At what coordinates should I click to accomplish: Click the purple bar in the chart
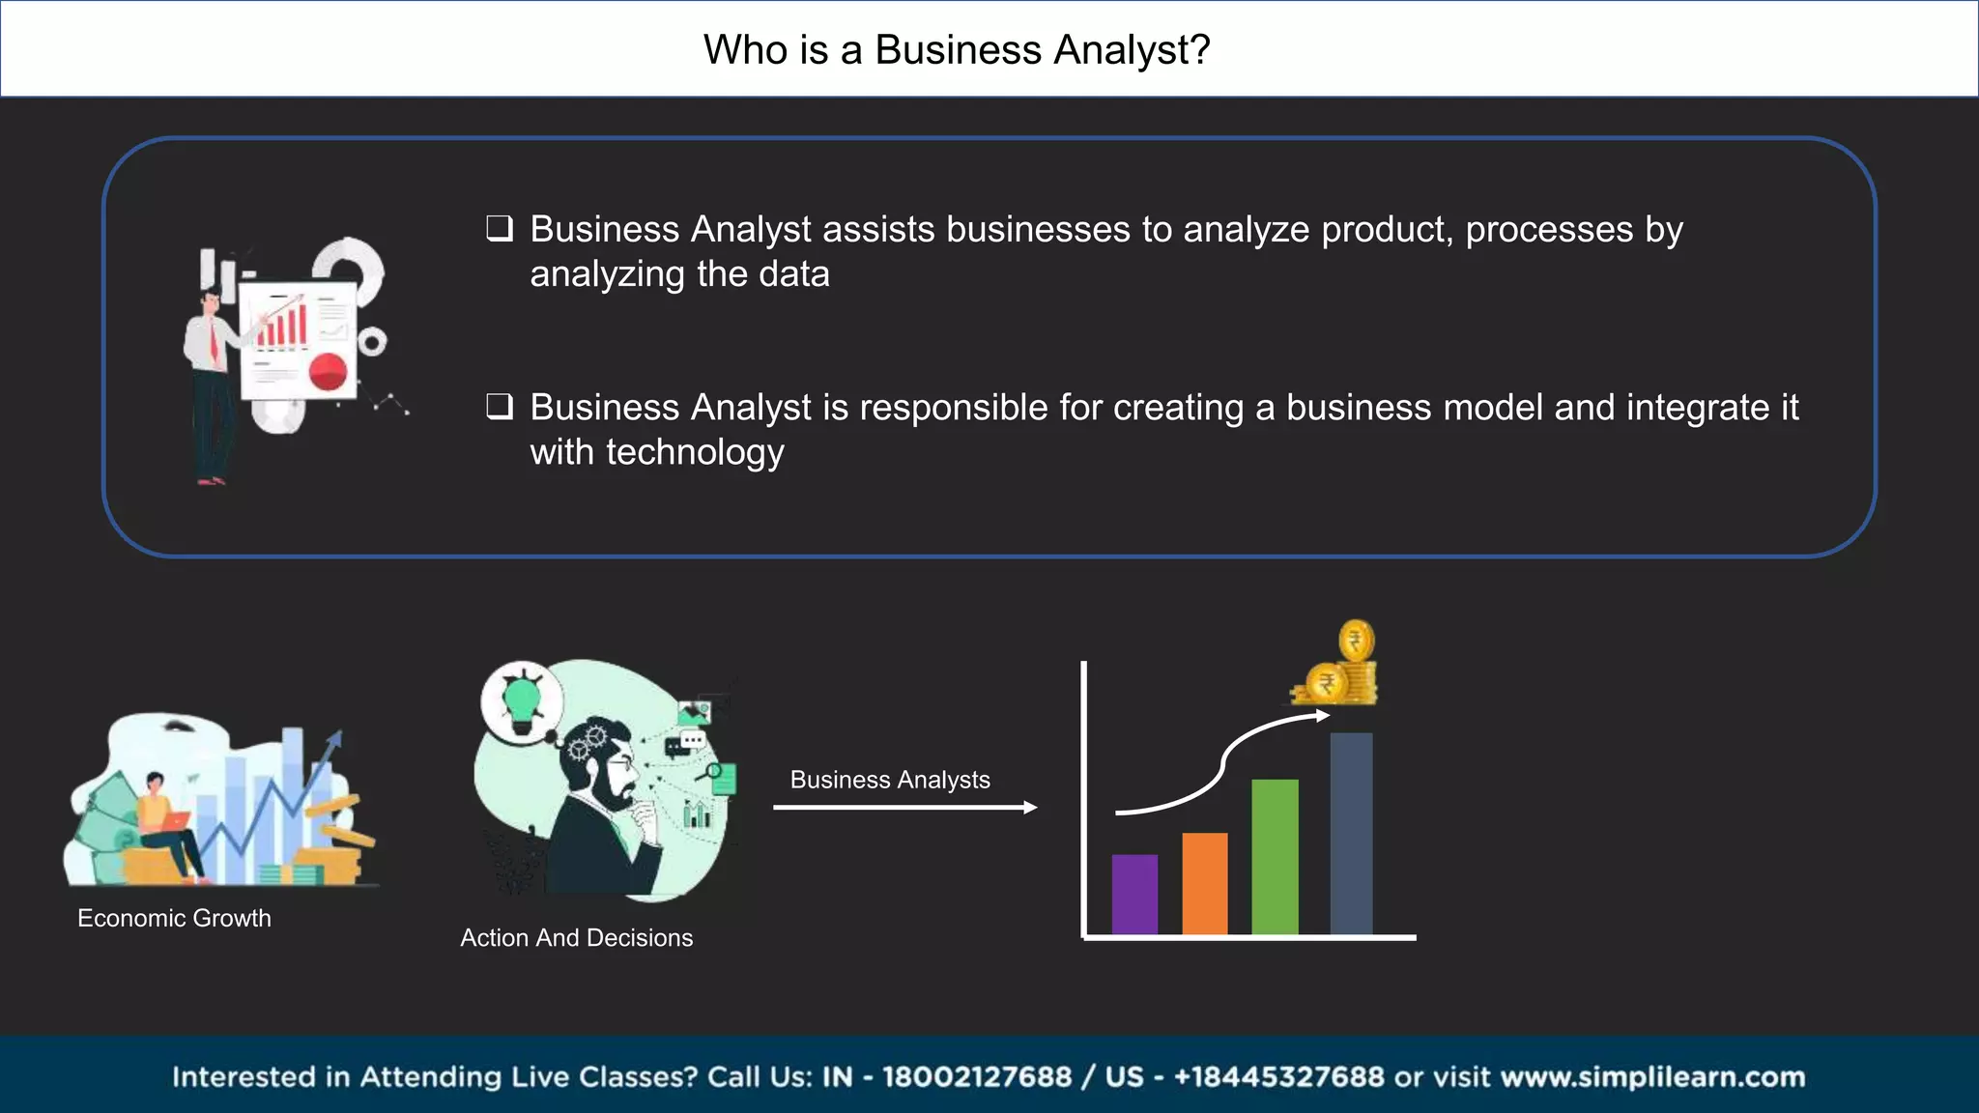[x=1134, y=895]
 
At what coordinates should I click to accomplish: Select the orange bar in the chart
[x=1205, y=884]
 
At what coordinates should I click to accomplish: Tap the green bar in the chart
[x=1275, y=857]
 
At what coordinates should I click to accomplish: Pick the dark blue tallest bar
[x=1351, y=834]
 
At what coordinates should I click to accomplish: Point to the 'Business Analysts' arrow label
[x=890, y=780]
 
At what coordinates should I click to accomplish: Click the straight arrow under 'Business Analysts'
[x=904, y=808]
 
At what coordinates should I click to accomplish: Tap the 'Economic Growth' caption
[x=174, y=918]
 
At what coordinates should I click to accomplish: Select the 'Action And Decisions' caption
[x=577, y=937]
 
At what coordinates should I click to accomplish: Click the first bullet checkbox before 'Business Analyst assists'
[x=499, y=229]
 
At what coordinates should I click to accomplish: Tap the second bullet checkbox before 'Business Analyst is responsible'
[x=499, y=407]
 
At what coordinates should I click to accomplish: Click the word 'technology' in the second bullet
[x=695, y=452]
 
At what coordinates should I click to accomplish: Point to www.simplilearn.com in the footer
[x=1652, y=1077]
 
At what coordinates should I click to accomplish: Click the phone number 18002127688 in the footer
[x=977, y=1077]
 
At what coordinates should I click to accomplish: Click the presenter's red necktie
[x=215, y=341]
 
